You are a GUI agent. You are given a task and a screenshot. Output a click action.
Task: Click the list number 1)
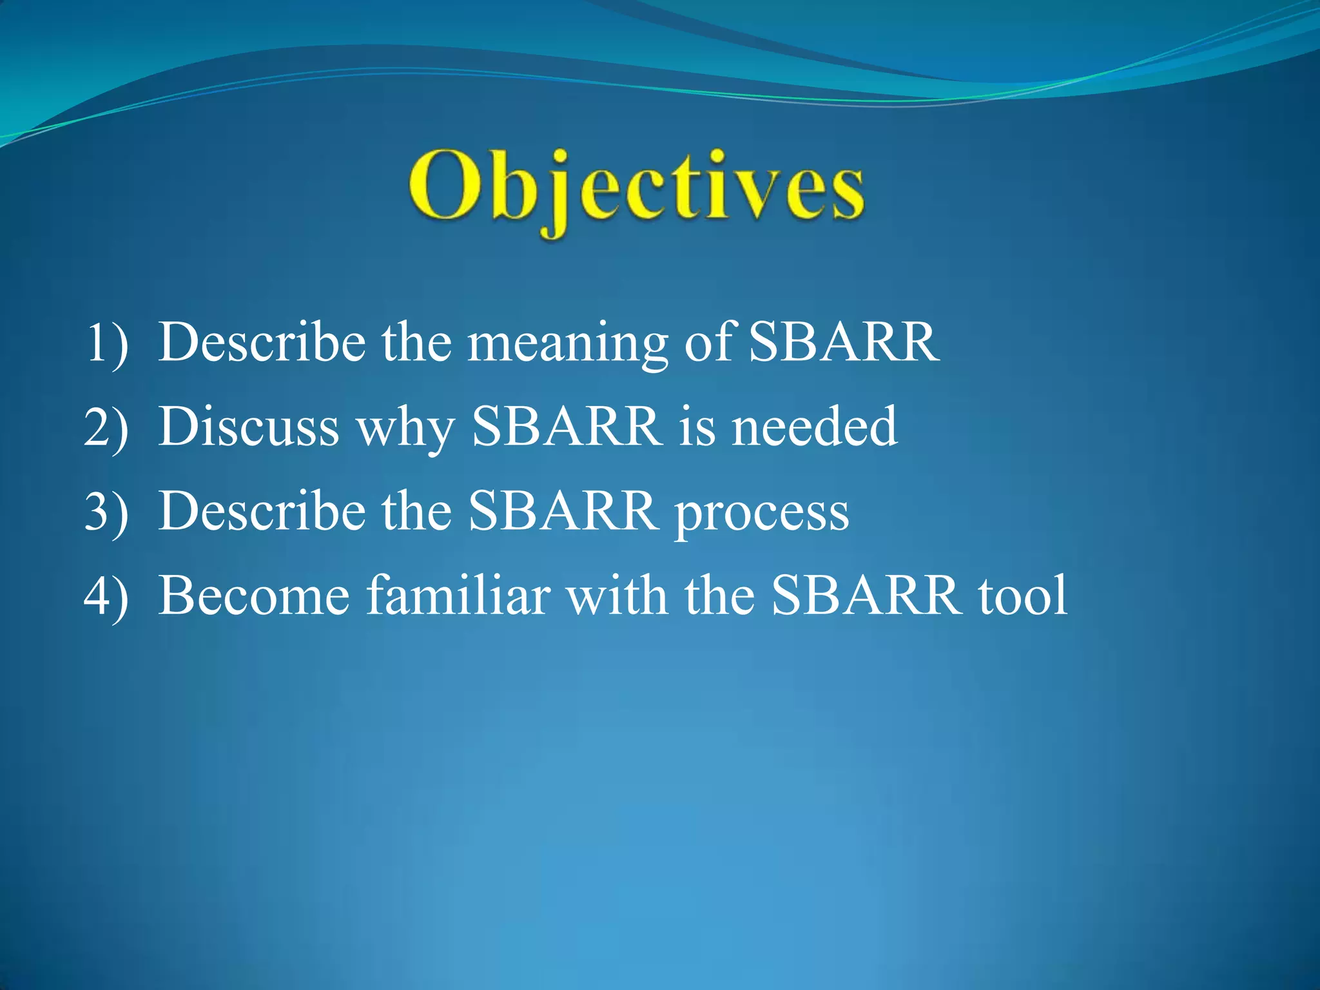tap(106, 343)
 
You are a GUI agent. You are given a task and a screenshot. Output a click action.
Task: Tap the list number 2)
tap(106, 427)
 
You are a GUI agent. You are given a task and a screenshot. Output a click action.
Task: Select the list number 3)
tap(106, 511)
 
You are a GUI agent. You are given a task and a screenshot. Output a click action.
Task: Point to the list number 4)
tap(106, 596)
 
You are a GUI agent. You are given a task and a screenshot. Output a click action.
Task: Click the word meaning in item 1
tap(567, 343)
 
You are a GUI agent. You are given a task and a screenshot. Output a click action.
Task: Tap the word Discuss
tap(249, 427)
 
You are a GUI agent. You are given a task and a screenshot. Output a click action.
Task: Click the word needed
tap(814, 427)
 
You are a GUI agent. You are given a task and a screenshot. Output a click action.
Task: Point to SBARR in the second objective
tap(567, 427)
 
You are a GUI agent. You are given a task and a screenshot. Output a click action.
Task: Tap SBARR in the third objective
tap(562, 511)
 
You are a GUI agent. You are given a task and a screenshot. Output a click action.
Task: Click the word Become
tap(255, 596)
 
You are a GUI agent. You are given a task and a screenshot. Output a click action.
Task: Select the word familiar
tap(458, 596)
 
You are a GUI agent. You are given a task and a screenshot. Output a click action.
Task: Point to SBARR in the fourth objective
tap(865, 596)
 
